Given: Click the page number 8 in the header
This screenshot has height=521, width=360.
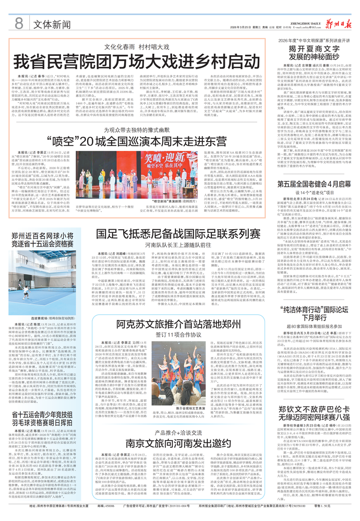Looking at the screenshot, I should pos(19,22).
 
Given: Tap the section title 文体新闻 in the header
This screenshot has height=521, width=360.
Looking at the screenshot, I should pos(52,23).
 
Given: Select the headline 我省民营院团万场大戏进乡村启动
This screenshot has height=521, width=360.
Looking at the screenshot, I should pos(136,62).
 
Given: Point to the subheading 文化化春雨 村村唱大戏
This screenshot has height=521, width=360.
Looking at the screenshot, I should pos(136,46).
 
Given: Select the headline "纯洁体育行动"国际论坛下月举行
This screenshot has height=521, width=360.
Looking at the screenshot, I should pos(311,315).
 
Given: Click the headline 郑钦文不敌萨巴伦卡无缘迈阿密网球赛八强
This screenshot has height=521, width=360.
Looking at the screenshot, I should pos(311,420).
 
